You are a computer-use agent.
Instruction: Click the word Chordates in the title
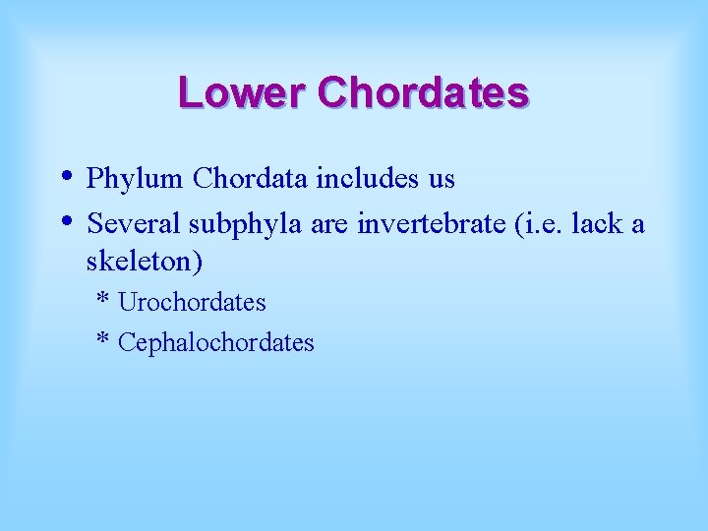424,93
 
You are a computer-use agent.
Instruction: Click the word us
441,180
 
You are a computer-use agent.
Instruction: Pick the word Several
134,224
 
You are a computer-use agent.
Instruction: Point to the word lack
598,224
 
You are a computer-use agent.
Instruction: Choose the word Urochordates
192,302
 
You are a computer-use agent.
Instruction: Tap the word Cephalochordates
215,342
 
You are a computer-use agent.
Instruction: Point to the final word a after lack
637,225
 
